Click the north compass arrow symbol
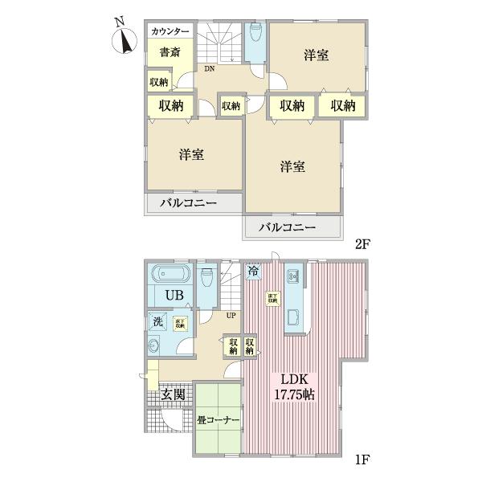[x=124, y=37]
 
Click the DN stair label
[x=209, y=69]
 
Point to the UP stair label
[x=231, y=315]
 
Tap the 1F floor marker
[x=361, y=462]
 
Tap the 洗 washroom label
[x=158, y=323]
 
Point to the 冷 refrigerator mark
[x=253, y=272]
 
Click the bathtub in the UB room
[x=170, y=273]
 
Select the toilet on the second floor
[x=256, y=34]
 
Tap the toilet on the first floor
[x=207, y=277]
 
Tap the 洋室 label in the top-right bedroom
[x=318, y=55]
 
